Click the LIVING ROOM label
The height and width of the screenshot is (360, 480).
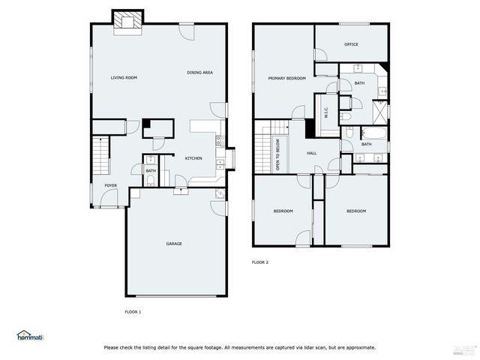[123, 78]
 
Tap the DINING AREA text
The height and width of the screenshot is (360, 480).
[200, 73]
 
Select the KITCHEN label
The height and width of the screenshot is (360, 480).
[193, 158]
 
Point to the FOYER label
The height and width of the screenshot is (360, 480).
[110, 184]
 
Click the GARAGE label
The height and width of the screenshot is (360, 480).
[174, 244]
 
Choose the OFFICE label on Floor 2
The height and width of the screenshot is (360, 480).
[351, 44]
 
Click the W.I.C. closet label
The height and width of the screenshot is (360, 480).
[326, 112]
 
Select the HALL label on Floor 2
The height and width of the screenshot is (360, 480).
[311, 153]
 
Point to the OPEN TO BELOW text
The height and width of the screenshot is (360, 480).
[278, 154]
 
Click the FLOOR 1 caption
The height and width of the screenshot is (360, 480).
[133, 311]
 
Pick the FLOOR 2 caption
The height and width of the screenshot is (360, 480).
[259, 262]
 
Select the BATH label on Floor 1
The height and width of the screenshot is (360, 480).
[151, 171]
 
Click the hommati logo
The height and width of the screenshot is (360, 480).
[31, 335]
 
